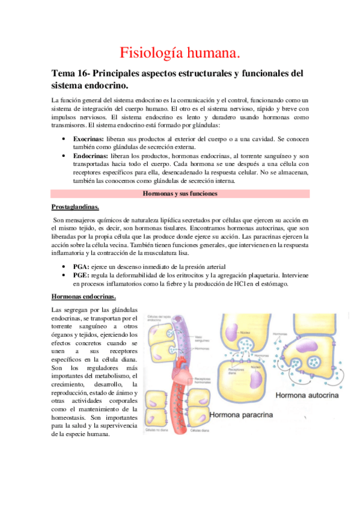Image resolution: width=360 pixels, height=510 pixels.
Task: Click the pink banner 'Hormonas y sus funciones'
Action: pyautogui.click(x=180, y=194)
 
